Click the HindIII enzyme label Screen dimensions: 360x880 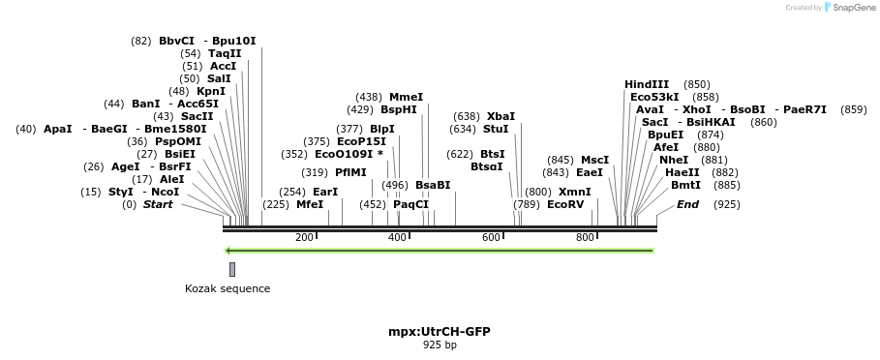click(x=647, y=84)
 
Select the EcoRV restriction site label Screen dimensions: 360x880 click(x=565, y=204)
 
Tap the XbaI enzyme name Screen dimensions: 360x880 click(x=501, y=116)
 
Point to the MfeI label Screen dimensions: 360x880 click(x=310, y=204)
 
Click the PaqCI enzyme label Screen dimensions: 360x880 click(x=410, y=204)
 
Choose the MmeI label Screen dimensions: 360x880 click(x=406, y=97)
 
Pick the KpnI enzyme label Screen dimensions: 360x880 click(x=211, y=91)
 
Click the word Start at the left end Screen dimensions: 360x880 click(x=158, y=204)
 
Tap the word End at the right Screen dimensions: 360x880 click(x=687, y=204)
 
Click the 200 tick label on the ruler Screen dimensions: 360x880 click(x=304, y=238)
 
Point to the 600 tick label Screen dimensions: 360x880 click(x=491, y=238)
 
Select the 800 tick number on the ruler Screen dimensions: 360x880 click(x=585, y=238)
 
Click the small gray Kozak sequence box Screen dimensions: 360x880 click(x=232, y=269)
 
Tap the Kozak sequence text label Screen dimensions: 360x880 click(x=228, y=288)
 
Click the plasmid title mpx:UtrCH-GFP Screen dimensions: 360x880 click(x=440, y=331)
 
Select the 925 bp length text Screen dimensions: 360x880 click(x=440, y=345)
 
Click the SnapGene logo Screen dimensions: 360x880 click(x=850, y=8)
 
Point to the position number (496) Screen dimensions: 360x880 click(x=395, y=185)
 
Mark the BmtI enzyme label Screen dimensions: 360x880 click(x=685, y=185)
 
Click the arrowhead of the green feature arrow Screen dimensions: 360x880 click(x=228, y=251)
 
